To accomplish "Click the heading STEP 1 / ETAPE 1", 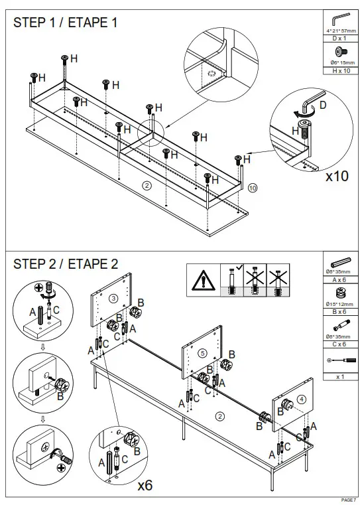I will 66,23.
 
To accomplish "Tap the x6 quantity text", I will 145,486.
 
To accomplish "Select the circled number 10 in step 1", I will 253,188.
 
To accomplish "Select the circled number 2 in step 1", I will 147,185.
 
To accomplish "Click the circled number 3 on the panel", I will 114,298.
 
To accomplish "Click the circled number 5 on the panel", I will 203,352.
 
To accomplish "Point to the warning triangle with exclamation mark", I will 202,281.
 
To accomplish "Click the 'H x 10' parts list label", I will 339,70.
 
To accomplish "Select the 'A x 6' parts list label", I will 339,280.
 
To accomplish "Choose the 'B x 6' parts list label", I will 339,311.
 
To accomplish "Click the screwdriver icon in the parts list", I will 339,360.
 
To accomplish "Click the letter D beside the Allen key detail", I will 322,106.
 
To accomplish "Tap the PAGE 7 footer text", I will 348,500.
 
